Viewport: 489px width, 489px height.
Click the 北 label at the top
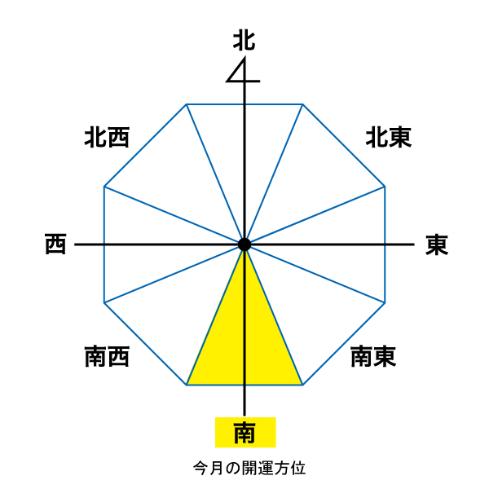(244, 40)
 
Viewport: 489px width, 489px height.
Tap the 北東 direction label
(389, 137)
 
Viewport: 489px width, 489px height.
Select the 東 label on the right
(437, 244)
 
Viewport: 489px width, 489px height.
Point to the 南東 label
(373, 356)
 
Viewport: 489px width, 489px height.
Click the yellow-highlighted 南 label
(244, 433)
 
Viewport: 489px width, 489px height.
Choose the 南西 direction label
(107, 356)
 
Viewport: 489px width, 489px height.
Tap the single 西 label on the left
(55, 244)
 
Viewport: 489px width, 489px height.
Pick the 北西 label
(107, 137)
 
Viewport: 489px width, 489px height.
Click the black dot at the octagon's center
(244, 244)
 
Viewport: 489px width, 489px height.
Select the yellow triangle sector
(244, 342)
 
